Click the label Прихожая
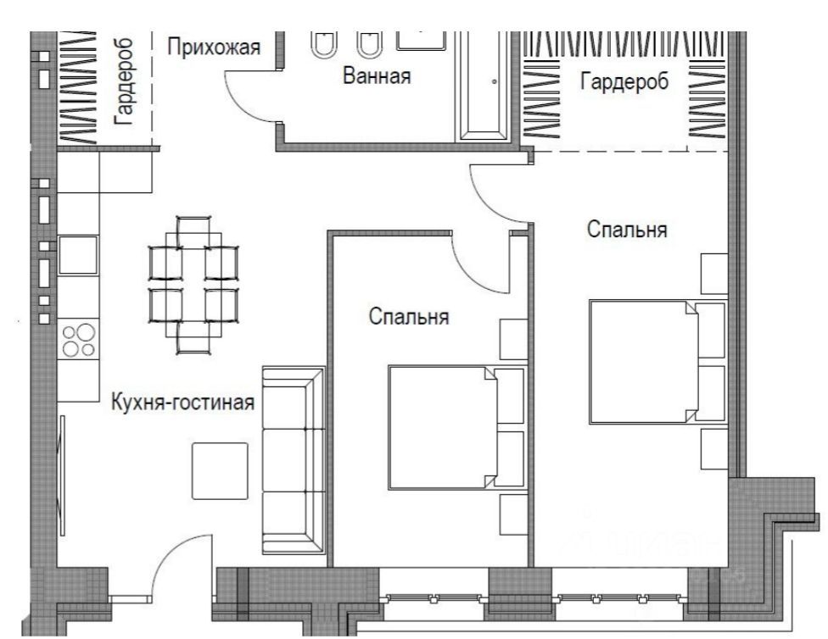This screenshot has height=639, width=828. [x=214, y=47]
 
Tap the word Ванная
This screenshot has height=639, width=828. [x=377, y=75]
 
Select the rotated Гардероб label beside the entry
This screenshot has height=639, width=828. [x=124, y=81]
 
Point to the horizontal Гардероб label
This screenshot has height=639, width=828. [x=624, y=81]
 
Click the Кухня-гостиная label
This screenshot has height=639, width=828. [x=182, y=403]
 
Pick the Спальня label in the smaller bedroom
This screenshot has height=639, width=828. [x=409, y=317]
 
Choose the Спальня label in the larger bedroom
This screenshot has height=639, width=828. [x=627, y=230]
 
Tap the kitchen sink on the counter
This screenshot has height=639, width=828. [x=78, y=255]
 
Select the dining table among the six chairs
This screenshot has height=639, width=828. [x=193, y=285]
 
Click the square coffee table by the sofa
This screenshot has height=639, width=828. [x=220, y=470]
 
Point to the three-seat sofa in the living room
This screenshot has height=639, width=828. [x=294, y=461]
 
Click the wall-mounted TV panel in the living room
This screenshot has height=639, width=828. [x=62, y=475]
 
